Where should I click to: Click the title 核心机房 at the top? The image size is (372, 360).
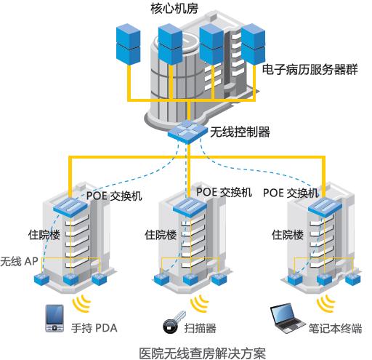[x=174, y=9]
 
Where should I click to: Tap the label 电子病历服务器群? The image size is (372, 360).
[x=310, y=70]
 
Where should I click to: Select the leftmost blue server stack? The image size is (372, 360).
[x=129, y=44]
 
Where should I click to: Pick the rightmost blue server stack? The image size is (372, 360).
[x=253, y=44]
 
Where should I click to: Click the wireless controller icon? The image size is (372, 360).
[x=187, y=132]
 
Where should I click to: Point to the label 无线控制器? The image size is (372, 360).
[x=240, y=132]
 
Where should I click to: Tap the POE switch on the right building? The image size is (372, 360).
[x=325, y=207]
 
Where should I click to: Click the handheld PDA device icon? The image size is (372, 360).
[x=55, y=318]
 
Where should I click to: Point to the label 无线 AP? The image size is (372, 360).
[x=20, y=261]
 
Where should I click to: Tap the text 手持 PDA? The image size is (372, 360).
[x=94, y=328]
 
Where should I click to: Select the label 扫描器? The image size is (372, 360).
[x=200, y=328]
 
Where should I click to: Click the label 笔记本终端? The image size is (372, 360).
[x=335, y=329]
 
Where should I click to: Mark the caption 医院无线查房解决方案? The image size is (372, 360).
[x=203, y=353]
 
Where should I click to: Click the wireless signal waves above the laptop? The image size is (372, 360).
[x=325, y=303]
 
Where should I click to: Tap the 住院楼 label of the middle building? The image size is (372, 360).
[x=161, y=235]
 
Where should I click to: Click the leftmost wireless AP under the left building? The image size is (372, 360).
[x=41, y=279]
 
